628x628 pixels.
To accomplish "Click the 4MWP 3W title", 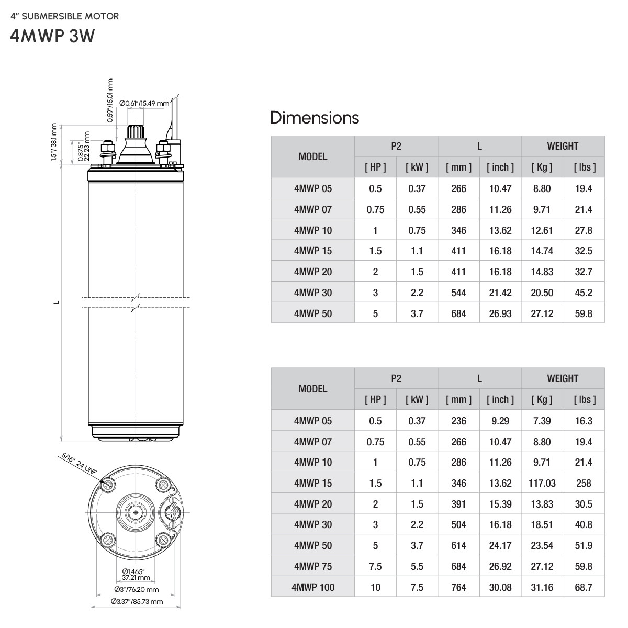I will (52, 37).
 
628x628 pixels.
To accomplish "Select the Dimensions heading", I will (315, 118).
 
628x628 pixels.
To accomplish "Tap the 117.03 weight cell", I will (542, 483).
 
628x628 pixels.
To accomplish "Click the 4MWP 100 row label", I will (312, 587).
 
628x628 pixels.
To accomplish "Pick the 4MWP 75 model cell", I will (312, 566).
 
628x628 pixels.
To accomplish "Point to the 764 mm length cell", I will (458, 587).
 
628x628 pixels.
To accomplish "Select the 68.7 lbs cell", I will (583, 587).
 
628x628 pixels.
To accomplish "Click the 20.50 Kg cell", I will (542, 293).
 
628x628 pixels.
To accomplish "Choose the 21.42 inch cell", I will (500, 293).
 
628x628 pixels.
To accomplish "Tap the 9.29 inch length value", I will (500, 421).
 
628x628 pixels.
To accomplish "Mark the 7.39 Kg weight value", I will (542, 421).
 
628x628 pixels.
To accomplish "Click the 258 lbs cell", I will (583, 483).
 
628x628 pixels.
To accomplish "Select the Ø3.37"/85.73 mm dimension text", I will (137, 601).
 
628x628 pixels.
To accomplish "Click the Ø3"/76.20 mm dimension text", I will (137, 589).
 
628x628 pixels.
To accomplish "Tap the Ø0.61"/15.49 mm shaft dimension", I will (144, 103).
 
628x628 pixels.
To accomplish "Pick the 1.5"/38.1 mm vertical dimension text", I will (54, 143).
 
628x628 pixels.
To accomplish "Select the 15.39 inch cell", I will (500, 504).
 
